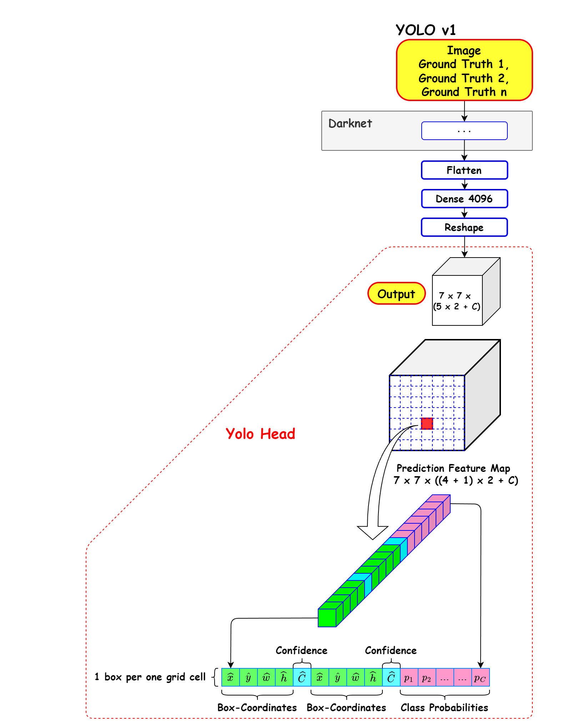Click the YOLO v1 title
pos(426,30)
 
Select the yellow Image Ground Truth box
pos(464,70)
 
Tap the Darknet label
pos(350,124)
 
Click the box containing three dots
pos(464,131)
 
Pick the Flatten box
pos(464,170)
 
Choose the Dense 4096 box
pos(464,199)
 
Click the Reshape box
pos(464,227)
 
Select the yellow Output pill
pos(396,294)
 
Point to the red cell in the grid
pos(427,423)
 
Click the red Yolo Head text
pos(260,434)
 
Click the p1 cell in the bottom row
pos(409,678)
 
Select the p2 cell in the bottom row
pos(427,678)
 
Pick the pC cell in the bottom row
pos(480,678)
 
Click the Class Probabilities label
pos(444,708)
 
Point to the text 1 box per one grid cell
pos(150,677)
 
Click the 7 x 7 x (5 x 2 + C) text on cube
pos(457,301)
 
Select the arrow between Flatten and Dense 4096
pos(465,184)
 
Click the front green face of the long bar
pos(327,618)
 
